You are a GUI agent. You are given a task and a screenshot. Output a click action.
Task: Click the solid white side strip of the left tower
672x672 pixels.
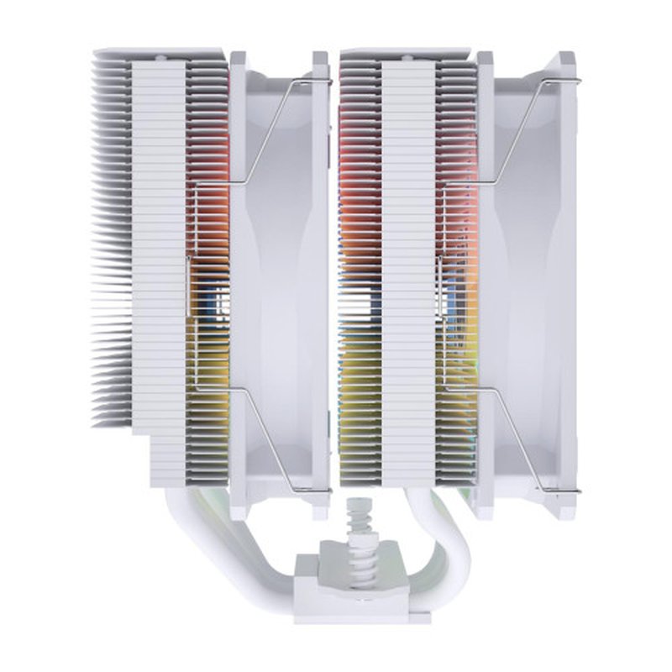159,252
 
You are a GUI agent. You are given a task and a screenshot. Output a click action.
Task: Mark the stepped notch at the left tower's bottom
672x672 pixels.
140,437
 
